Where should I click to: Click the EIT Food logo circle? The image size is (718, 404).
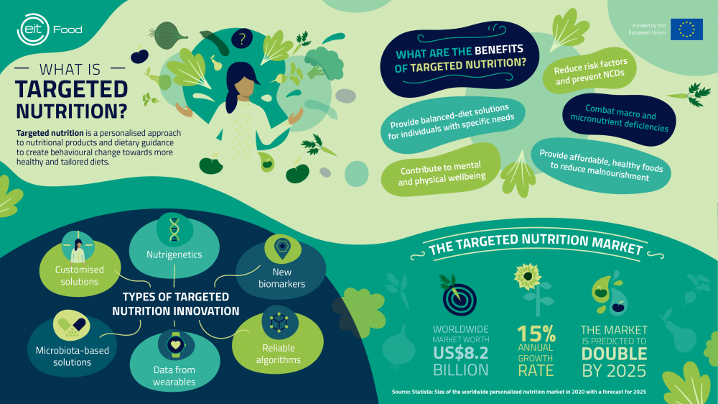pyautogui.click(x=33, y=29)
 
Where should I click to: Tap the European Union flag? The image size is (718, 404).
pyautogui.click(x=686, y=29)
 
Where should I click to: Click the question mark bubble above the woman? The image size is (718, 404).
pyautogui.click(x=242, y=39)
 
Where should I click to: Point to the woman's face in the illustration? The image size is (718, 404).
pyautogui.click(x=246, y=87)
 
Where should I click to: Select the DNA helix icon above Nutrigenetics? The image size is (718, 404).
pyautogui.click(x=174, y=229)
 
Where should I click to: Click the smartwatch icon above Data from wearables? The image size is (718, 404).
pyautogui.click(x=175, y=344)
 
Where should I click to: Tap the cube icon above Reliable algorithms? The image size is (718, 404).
pyautogui.click(x=279, y=322)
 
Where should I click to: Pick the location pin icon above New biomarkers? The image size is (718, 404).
pyautogui.click(x=282, y=247)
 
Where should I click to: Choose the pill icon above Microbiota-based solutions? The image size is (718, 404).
pyautogui.click(x=71, y=325)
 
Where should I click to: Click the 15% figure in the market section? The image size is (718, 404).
pyautogui.click(x=536, y=334)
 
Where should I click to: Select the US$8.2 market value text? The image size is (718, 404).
pyautogui.click(x=461, y=353)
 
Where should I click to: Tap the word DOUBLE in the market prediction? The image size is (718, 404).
pyautogui.click(x=614, y=354)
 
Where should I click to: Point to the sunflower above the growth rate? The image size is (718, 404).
pyautogui.click(x=528, y=276)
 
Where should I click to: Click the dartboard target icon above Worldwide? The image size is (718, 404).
pyautogui.click(x=460, y=300)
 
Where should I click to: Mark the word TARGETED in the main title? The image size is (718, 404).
pyautogui.click(x=71, y=89)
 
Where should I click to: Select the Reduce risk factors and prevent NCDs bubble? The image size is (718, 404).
pyautogui.click(x=589, y=71)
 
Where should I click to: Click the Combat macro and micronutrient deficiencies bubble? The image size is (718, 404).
pyautogui.click(x=619, y=119)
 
